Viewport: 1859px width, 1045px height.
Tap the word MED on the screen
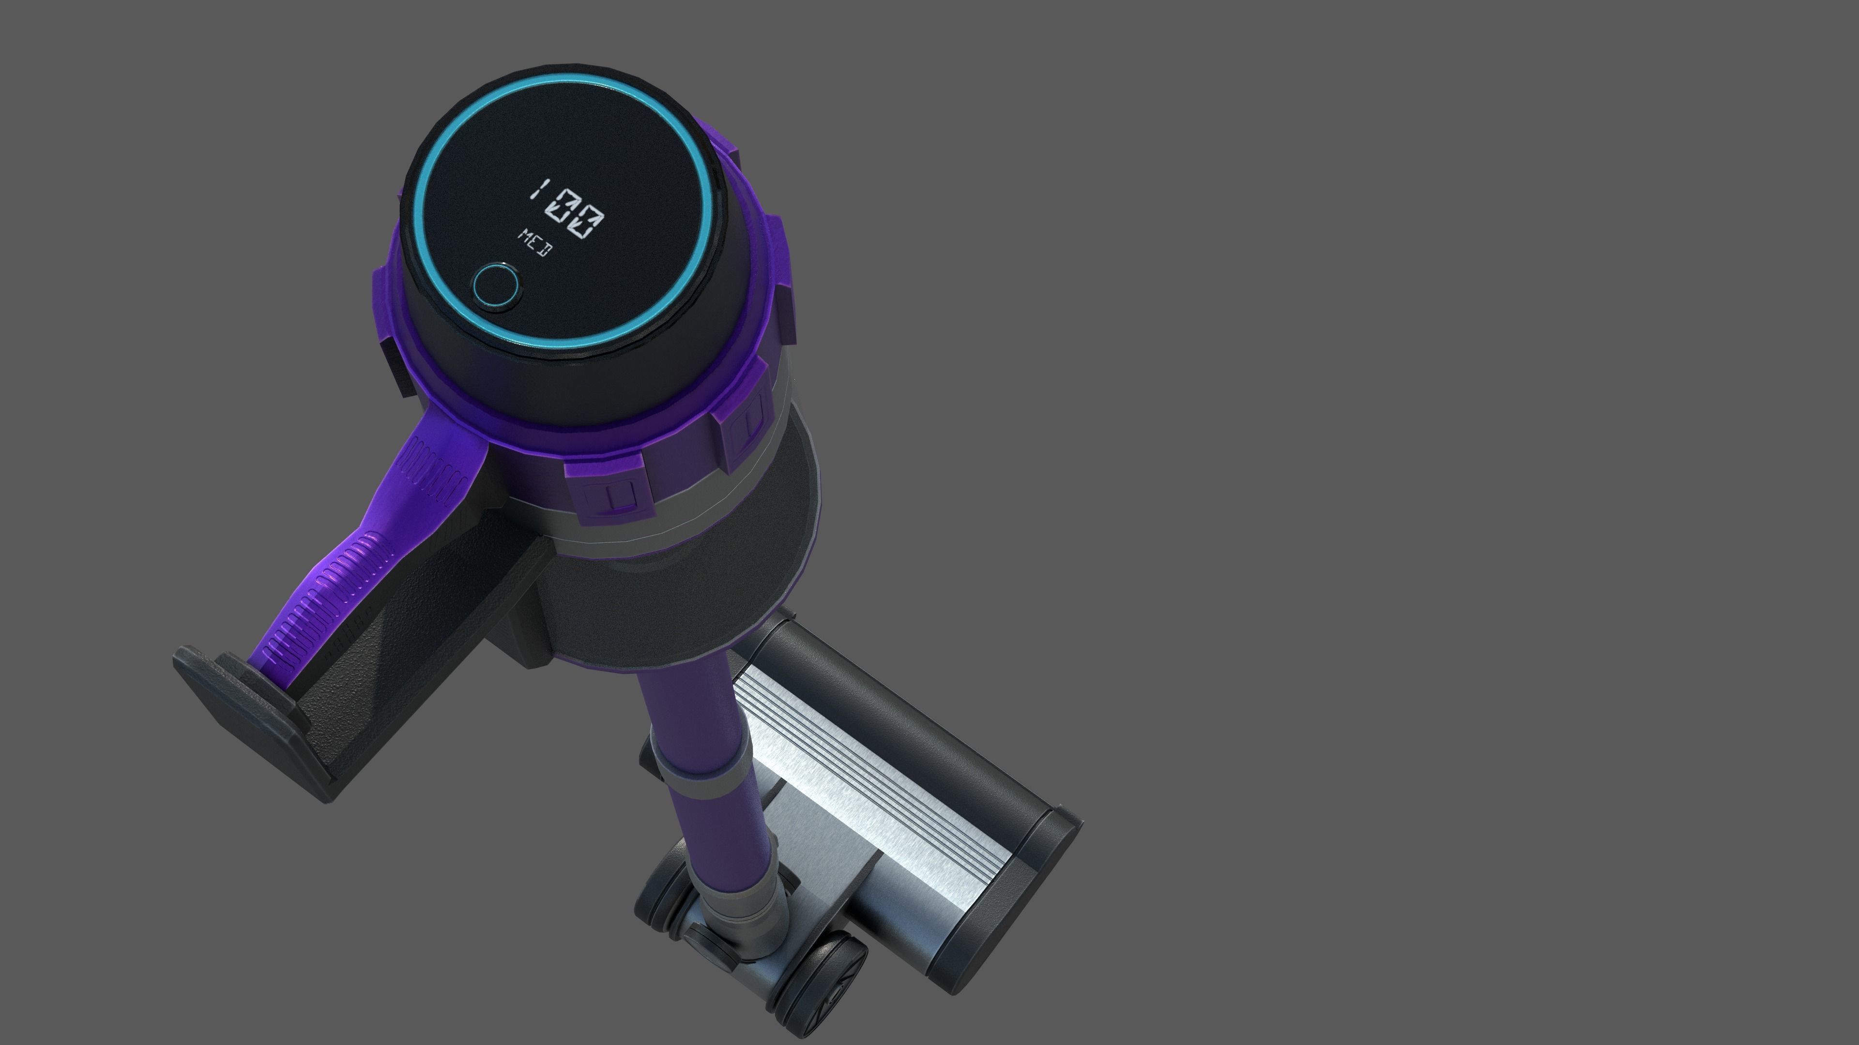point(535,242)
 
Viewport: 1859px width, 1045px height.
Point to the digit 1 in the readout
point(538,191)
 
